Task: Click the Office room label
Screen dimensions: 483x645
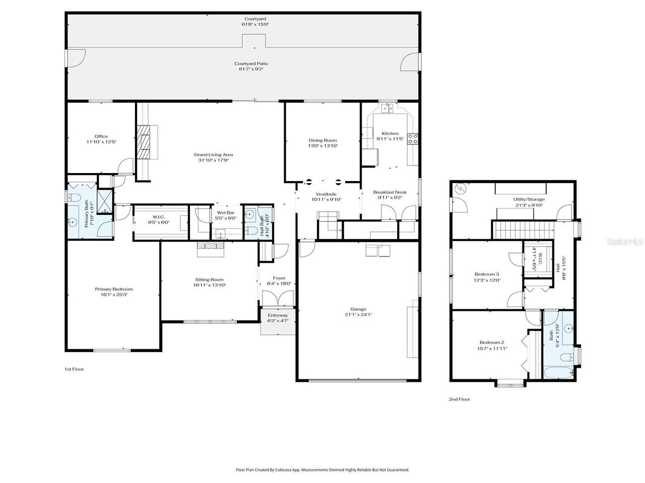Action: tap(101, 136)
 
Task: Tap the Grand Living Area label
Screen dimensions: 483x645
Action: tap(213, 154)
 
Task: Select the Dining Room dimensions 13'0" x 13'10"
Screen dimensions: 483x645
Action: tap(322, 146)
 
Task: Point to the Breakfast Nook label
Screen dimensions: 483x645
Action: tap(390, 192)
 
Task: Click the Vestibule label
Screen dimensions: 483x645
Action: tap(326, 194)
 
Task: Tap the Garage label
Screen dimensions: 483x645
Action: tap(358, 309)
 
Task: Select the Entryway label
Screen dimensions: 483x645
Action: tap(278, 315)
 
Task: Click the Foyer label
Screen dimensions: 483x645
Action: tap(279, 278)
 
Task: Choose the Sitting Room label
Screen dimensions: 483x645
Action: tap(209, 280)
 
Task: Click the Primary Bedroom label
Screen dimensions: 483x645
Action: tap(114, 289)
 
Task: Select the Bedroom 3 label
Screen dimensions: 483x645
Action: tap(487, 274)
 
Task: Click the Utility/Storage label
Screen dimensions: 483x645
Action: tap(529, 199)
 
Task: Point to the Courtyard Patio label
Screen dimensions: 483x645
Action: tap(251, 63)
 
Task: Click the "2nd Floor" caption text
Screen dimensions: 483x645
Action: tap(459, 399)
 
